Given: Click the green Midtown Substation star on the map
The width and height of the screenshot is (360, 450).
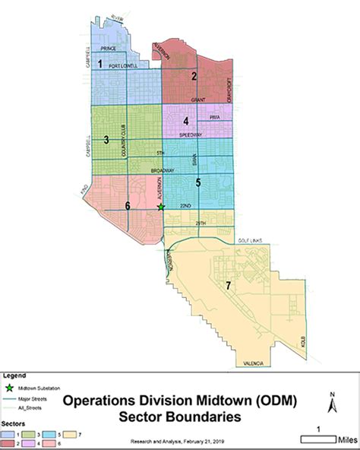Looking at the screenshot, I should coord(161,206).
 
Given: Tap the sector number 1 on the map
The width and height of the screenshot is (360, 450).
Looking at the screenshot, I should coord(100,65).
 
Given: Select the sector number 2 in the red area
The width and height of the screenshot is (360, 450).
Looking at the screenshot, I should coord(194,75).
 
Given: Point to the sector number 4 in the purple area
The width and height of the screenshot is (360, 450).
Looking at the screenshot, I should coord(185,121).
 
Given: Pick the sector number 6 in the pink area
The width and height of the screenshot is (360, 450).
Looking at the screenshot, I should coord(128,205).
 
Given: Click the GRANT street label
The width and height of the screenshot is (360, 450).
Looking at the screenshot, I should coord(198,100).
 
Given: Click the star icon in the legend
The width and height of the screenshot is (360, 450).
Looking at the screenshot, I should coord(11,388).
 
